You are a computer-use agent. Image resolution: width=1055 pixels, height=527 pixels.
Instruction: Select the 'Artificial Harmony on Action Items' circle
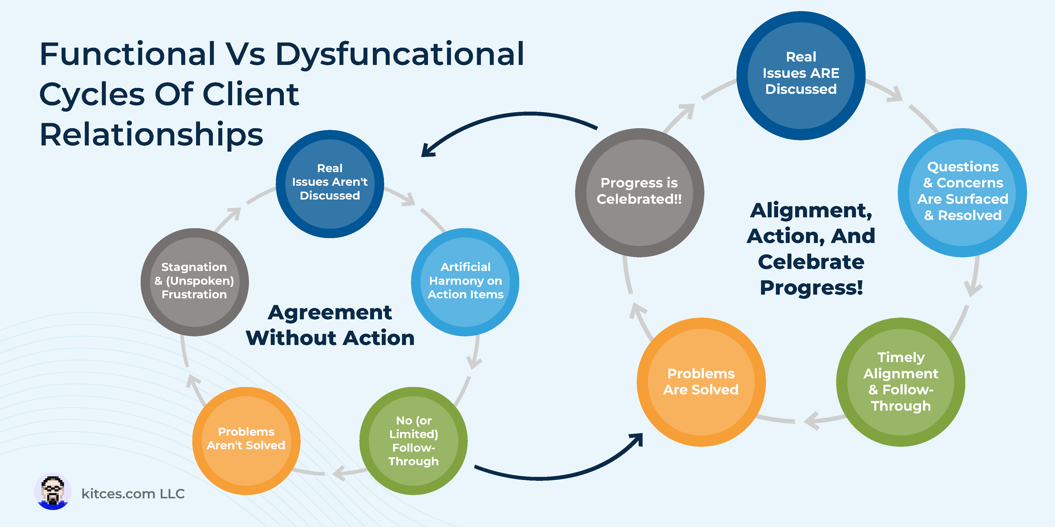coord(465,282)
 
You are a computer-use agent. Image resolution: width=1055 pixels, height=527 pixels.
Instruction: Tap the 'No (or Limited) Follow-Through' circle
coord(414,441)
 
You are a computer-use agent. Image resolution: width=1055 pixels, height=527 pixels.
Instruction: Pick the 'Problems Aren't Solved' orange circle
coord(247,441)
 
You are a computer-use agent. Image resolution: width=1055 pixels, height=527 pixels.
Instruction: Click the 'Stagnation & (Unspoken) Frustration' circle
coord(195,282)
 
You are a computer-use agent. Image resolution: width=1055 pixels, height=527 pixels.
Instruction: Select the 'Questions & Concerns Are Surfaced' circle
coord(963,192)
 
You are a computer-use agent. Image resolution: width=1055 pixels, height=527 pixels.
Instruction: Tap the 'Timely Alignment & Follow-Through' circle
coord(901,382)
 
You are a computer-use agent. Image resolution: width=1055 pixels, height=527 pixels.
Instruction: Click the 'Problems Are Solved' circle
coord(701,382)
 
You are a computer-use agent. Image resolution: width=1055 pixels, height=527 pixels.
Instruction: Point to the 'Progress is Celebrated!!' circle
coord(640,192)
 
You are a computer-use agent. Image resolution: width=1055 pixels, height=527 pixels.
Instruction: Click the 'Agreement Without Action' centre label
coord(330,325)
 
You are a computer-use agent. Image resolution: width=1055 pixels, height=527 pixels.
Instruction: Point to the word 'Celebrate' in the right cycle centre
coord(811,262)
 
